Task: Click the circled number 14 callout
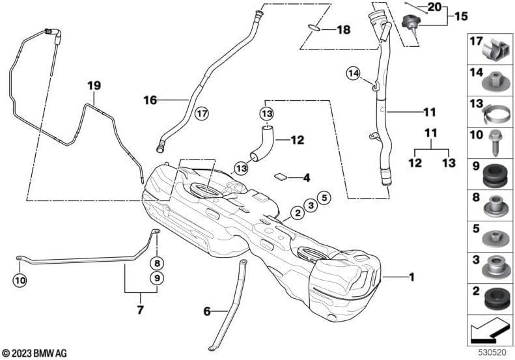click(x=354, y=74)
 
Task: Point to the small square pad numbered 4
click(x=281, y=176)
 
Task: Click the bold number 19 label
click(x=94, y=86)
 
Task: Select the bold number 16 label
click(x=150, y=100)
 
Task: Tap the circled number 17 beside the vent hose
click(x=202, y=114)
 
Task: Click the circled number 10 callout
click(x=20, y=281)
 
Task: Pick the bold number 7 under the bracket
click(x=140, y=309)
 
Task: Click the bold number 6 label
click(x=207, y=311)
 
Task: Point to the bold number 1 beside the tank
click(x=411, y=277)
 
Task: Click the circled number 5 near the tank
click(x=324, y=198)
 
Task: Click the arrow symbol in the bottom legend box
click(x=490, y=331)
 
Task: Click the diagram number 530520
click(x=492, y=352)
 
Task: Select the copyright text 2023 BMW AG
click(x=34, y=353)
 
